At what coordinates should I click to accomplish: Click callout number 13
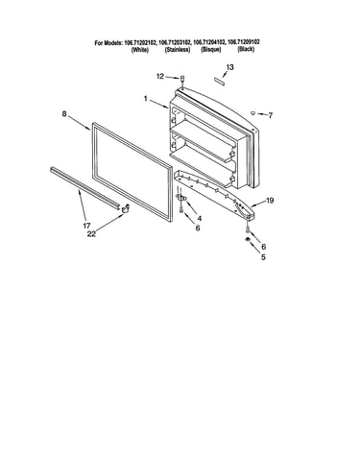[x=229, y=67]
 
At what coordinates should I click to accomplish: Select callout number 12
[x=160, y=76]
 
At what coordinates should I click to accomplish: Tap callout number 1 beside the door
[x=146, y=99]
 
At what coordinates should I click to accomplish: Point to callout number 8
[x=64, y=113]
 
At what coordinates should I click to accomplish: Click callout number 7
[x=271, y=115]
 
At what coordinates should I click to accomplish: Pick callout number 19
[x=270, y=201]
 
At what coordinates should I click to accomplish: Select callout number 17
[x=86, y=226]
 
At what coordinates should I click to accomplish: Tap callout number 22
[x=91, y=234]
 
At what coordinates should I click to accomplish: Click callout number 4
[x=200, y=219]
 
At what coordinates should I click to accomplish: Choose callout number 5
[x=263, y=257]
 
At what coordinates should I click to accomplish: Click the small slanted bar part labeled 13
[x=220, y=81]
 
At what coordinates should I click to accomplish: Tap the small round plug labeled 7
[x=252, y=112]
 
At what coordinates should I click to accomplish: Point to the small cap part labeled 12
[x=182, y=78]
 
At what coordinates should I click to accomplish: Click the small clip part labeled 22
[x=125, y=208]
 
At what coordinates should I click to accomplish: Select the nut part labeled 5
[x=247, y=240]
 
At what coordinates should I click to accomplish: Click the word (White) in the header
[x=140, y=50]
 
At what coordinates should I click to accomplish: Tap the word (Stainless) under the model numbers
[x=178, y=50]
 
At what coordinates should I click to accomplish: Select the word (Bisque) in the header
[x=211, y=50]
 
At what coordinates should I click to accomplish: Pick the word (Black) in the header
[x=246, y=49]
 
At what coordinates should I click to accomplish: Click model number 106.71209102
[x=244, y=41]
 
